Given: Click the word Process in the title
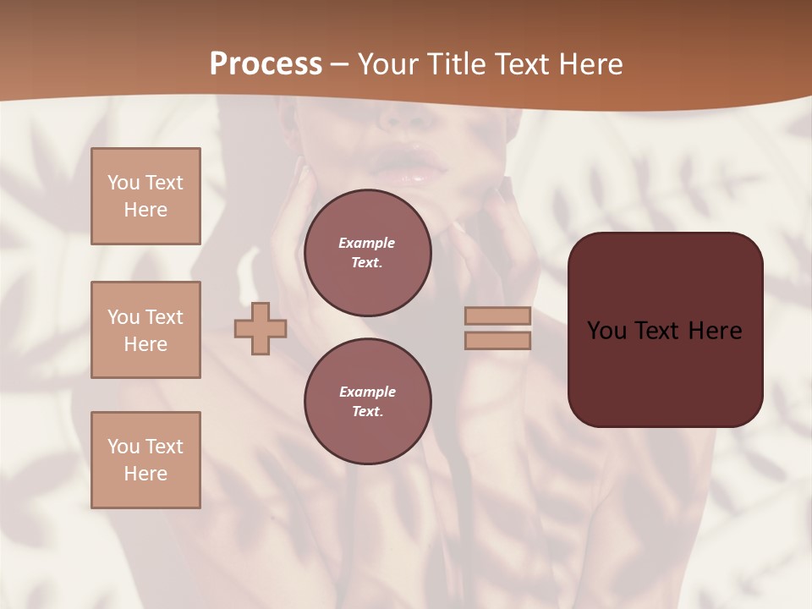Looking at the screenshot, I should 266,64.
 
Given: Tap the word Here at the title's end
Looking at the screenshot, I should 589,64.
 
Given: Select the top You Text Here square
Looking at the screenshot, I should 145,196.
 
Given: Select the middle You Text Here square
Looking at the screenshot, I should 145,330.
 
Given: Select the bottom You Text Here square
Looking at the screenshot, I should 145,459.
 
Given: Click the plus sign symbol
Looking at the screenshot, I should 261,328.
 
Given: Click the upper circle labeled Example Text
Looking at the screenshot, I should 367,253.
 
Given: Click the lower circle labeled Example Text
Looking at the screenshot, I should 367,401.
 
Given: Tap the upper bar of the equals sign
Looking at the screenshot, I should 497,315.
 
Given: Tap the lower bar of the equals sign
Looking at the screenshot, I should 497,340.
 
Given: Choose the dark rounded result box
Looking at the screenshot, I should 665,372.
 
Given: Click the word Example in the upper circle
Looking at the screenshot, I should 366,243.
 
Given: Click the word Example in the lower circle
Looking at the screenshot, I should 367,392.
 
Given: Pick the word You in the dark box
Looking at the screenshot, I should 606,331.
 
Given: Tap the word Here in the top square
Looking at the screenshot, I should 145,210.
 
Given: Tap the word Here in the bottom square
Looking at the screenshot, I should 145,474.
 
